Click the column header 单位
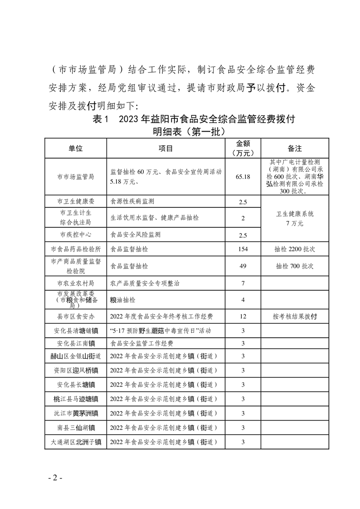tap(76, 148)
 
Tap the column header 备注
tap(295, 148)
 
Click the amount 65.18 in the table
tap(243, 176)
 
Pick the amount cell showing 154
tap(243, 250)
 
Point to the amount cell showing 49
tap(243, 266)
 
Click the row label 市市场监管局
tap(76, 176)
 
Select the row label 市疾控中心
tap(76, 235)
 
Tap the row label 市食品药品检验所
tap(76, 250)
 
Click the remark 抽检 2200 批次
tap(295, 250)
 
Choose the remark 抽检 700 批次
tap(295, 266)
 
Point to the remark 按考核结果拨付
tap(295, 316)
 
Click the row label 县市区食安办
tap(76, 316)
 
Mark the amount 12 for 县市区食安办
tap(243, 316)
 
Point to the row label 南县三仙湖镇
tap(76, 427)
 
